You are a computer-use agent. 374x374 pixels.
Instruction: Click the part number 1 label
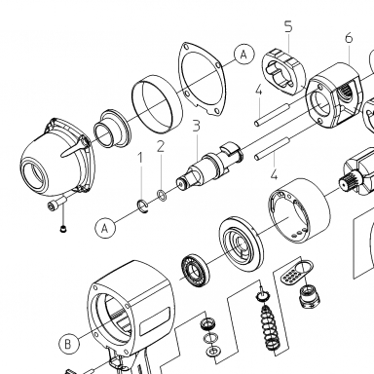[x=140, y=158]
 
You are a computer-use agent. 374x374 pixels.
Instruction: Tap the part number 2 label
[x=161, y=146]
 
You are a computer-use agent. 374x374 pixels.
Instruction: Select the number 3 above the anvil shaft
[x=196, y=126]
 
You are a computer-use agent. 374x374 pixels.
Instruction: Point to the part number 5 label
[x=288, y=26]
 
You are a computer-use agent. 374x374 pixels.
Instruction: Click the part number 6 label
[x=349, y=38]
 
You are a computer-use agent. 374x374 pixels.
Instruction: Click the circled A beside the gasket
[x=244, y=55]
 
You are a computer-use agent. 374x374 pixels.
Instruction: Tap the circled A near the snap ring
[x=105, y=228]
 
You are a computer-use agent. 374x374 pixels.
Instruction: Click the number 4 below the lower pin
[x=275, y=174]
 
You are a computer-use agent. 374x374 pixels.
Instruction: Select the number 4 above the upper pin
[x=258, y=91]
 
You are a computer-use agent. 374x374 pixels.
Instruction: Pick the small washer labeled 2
[x=162, y=195]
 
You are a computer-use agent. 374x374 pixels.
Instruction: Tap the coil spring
[x=270, y=328]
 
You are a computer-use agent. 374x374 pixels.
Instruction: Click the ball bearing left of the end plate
[x=195, y=271]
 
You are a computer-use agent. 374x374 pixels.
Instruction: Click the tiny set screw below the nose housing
[x=64, y=229]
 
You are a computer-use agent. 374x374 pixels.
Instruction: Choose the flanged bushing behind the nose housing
[x=112, y=129]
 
